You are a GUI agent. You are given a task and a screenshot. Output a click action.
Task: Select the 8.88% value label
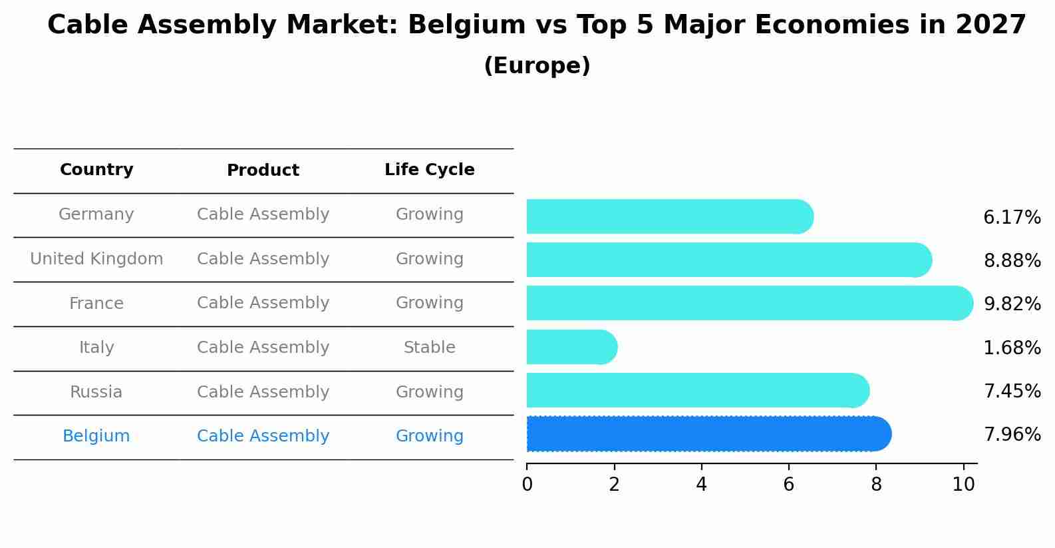[x=1012, y=260]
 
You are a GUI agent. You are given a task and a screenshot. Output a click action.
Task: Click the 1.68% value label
[x=1012, y=348]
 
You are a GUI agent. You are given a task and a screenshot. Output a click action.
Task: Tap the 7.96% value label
[x=1012, y=435]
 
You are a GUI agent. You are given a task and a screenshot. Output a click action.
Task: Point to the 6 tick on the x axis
[x=789, y=484]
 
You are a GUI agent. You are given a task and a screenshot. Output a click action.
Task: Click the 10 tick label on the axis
[x=963, y=484]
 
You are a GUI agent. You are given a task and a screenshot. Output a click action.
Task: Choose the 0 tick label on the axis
[x=527, y=484]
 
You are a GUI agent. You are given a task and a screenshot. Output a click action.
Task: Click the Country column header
[x=96, y=170]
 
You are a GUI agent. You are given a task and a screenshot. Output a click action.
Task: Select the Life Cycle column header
[x=430, y=170]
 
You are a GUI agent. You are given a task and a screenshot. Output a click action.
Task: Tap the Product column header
[x=263, y=170]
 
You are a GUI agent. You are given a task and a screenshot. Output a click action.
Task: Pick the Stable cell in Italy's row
[x=430, y=348]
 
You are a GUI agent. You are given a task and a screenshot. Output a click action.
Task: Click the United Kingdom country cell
[x=96, y=259]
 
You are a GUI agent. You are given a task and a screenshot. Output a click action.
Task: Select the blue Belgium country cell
[x=96, y=436]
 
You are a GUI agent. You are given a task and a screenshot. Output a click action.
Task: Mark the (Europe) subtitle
[x=537, y=66]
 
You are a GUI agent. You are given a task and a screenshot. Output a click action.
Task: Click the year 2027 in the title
[x=990, y=25]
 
